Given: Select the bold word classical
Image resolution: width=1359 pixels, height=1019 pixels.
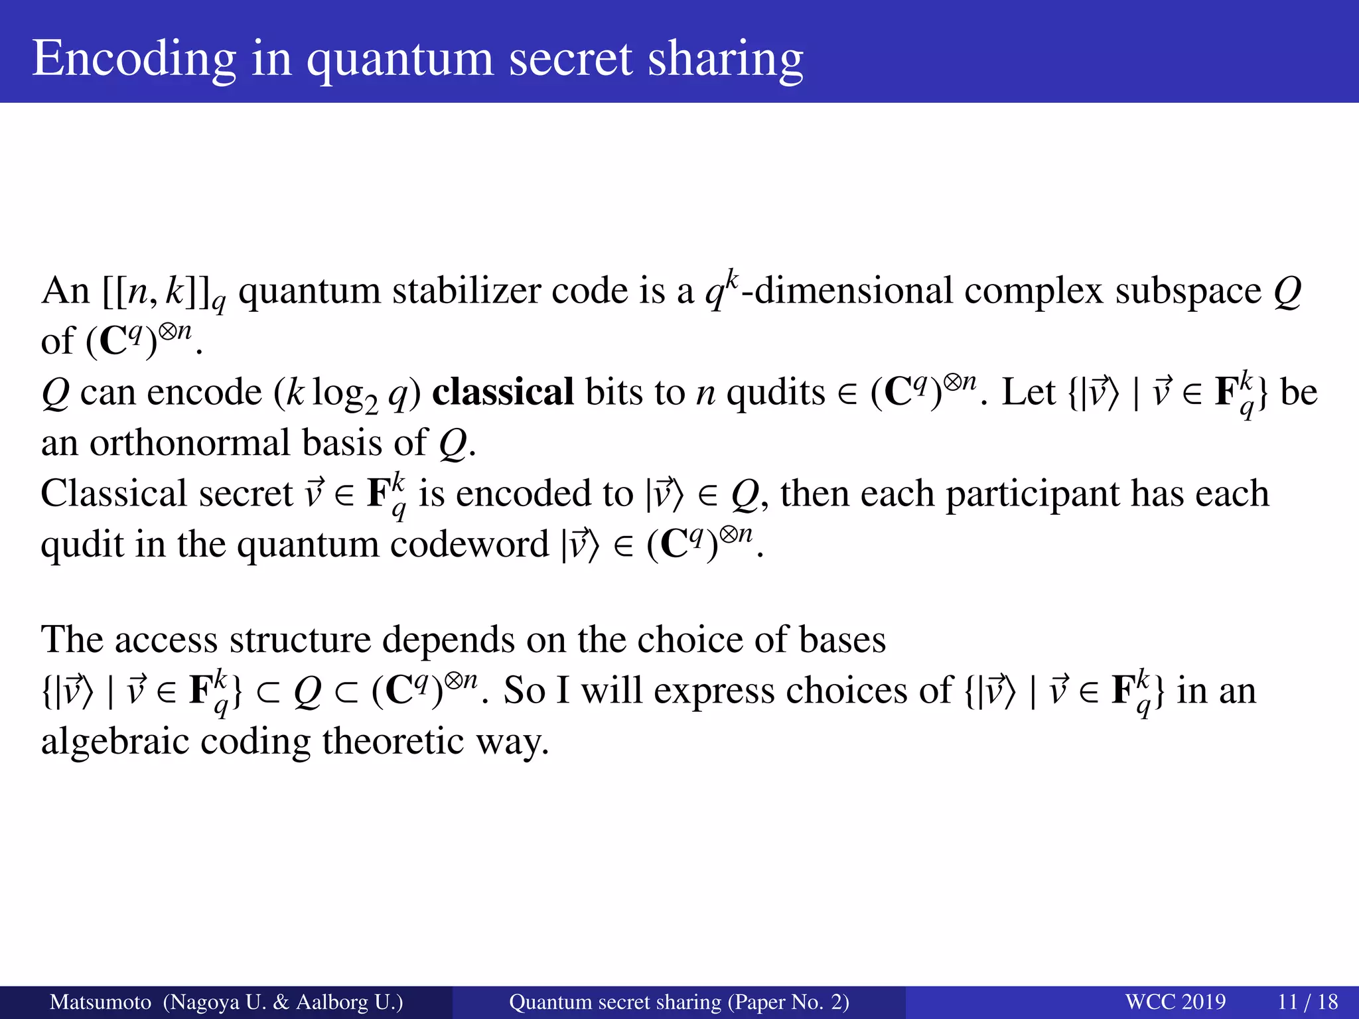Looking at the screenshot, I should coord(502,392).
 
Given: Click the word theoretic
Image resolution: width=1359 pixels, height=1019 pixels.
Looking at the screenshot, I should coord(393,741).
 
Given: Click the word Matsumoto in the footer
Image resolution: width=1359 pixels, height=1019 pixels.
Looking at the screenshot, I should coord(100,1002).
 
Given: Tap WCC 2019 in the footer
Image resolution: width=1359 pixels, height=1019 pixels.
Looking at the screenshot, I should coord(1175,1002).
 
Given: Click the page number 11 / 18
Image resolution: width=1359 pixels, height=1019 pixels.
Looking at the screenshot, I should coord(1307,1002).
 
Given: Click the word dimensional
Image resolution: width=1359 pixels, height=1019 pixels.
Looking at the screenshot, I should coord(853,291).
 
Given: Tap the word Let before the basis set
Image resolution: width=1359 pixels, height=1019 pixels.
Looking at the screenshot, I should coord(1028,392).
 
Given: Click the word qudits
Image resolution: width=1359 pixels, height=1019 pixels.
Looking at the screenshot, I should coord(775,392).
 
